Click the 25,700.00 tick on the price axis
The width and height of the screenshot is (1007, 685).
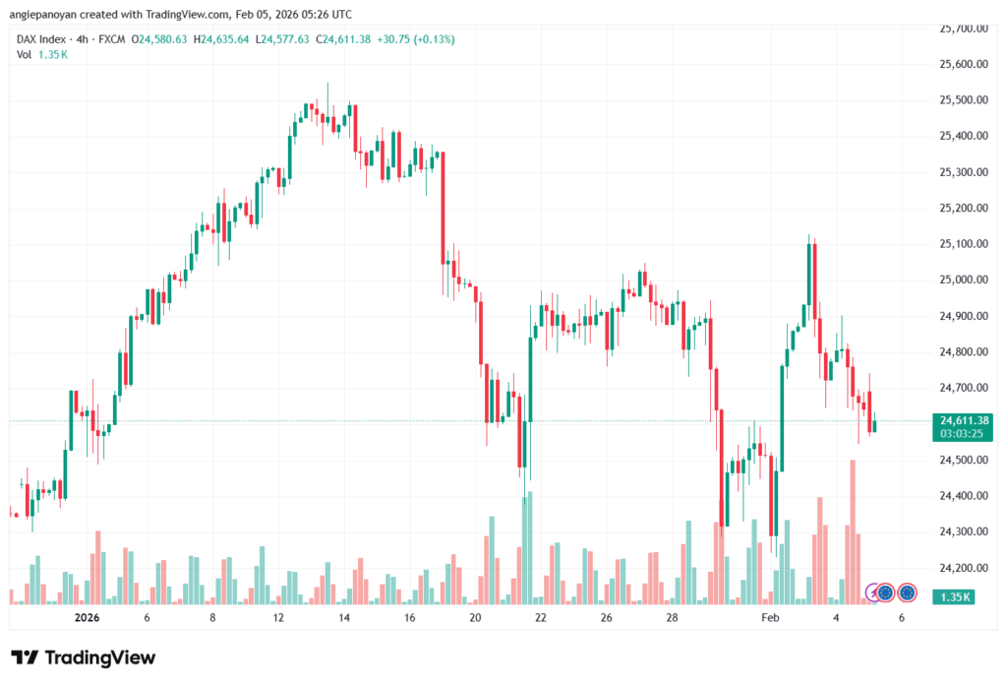pyautogui.click(x=962, y=29)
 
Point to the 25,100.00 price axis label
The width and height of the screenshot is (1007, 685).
pyautogui.click(x=962, y=244)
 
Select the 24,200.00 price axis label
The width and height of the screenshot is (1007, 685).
pyautogui.click(x=962, y=568)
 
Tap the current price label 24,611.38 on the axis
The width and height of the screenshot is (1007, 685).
pyautogui.click(x=964, y=420)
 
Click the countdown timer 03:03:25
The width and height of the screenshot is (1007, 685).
pyautogui.click(x=964, y=433)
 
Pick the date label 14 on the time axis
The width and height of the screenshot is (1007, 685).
pyautogui.click(x=344, y=618)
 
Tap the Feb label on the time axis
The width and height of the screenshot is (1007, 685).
pyautogui.click(x=770, y=618)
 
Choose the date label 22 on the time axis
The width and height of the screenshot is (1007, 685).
pyautogui.click(x=541, y=618)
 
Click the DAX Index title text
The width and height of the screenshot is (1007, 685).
pyautogui.click(x=41, y=39)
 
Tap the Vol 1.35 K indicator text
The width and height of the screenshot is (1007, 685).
pyautogui.click(x=41, y=55)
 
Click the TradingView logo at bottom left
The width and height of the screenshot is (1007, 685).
pyautogui.click(x=84, y=657)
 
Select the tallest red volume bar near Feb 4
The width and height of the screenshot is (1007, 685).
pyautogui.click(x=853, y=531)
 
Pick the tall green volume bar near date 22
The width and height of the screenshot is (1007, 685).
pyautogui.click(x=529, y=547)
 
